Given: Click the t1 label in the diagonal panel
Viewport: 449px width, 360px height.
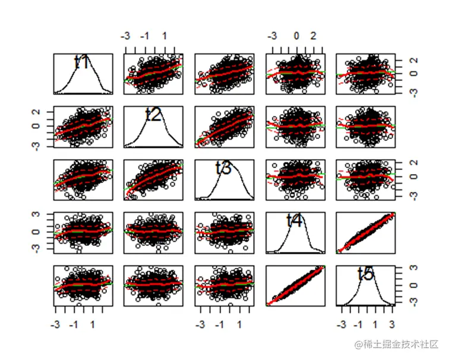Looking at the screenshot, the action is point(83,62).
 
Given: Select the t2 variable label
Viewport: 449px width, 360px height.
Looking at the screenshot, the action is point(153,115).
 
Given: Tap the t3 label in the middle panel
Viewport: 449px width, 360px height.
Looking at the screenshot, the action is point(224,168).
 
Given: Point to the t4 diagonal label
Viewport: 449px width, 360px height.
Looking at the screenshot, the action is point(295,220).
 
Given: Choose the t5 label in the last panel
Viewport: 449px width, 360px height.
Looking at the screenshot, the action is point(366,273).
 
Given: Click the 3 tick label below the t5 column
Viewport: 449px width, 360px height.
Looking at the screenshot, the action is point(392,324).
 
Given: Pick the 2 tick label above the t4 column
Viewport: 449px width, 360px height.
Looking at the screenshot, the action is point(313,36).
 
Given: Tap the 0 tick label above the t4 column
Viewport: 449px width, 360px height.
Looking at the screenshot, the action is point(296,36).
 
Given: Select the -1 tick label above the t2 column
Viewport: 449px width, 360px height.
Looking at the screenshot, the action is point(145,36).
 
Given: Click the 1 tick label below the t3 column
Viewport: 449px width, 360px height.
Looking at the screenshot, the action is point(239,324).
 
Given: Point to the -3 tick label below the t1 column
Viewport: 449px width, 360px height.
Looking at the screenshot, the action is point(55,324).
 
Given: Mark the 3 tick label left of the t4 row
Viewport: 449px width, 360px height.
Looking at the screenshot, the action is point(36,214).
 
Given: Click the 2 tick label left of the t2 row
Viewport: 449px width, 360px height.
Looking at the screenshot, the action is point(36,112).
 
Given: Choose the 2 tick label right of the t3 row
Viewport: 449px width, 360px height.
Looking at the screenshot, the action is point(414,163).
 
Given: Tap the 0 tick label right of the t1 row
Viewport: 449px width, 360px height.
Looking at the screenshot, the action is point(414,73).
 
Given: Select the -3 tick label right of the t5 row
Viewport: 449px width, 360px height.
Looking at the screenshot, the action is point(414,301).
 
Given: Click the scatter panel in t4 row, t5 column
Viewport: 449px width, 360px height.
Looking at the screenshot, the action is point(366,233).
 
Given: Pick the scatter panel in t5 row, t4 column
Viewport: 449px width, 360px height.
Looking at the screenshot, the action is point(295,286).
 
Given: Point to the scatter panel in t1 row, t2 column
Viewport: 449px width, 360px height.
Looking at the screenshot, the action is point(153,74).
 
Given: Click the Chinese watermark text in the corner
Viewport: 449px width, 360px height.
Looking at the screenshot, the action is point(397,345).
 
